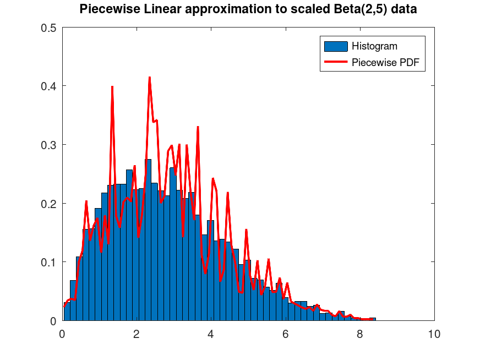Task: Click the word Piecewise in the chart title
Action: tap(103, 9)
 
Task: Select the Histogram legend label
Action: tap(374, 46)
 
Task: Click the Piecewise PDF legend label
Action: tap(385, 63)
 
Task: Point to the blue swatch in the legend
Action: tap(336, 46)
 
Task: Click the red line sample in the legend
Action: tap(336, 63)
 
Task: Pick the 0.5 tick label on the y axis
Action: tap(49, 28)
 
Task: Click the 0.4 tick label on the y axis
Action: tap(49, 86)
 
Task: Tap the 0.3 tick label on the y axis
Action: tap(49, 145)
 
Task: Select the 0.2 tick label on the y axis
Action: tap(49, 203)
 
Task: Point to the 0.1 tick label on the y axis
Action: tap(49, 262)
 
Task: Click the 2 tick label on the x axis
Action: tap(137, 334)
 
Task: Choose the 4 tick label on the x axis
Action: tap(211, 334)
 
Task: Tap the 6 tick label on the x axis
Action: tap(285, 334)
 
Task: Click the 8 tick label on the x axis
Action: tap(359, 334)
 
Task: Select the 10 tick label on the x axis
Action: tap(434, 334)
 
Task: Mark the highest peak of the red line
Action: tap(149, 78)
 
